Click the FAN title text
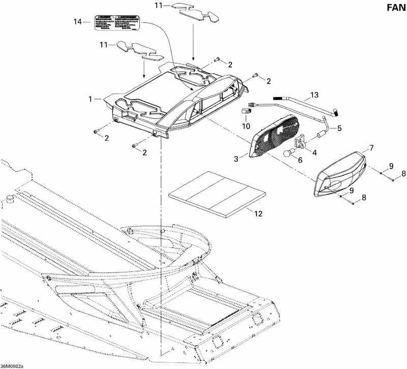click(x=391, y=8)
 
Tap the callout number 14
click(x=78, y=22)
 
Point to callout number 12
click(x=258, y=214)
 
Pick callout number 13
click(x=314, y=95)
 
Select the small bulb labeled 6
click(x=288, y=153)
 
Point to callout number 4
click(x=314, y=152)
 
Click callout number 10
click(x=246, y=125)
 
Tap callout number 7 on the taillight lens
click(x=371, y=148)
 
